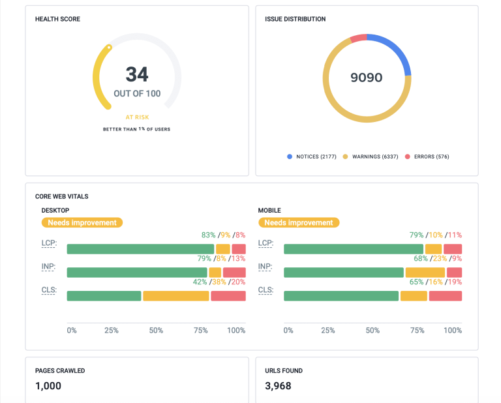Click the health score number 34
click(x=137, y=74)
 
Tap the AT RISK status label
click(x=137, y=117)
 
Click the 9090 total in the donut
click(x=367, y=78)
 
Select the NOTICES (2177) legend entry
click(x=312, y=157)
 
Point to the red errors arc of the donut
click(x=358, y=38)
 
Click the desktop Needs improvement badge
click(x=82, y=222)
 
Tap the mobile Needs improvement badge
click(x=299, y=222)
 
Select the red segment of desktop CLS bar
click(x=228, y=296)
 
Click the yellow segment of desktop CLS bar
click(x=176, y=296)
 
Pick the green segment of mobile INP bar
click(x=344, y=273)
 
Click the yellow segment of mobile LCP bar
click(x=433, y=249)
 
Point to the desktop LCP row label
click(x=49, y=243)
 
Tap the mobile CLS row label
click(x=266, y=290)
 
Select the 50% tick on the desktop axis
click(x=156, y=331)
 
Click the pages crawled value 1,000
click(x=48, y=386)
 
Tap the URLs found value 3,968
click(x=278, y=386)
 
